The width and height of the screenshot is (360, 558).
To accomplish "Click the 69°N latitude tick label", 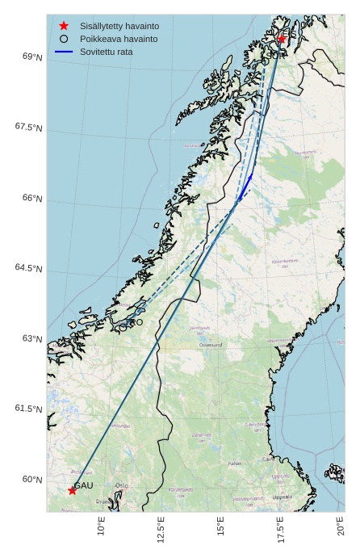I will pyautogui.click(x=31, y=57).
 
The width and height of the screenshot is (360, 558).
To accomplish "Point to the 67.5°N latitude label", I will pyautogui.click(x=28, y=127).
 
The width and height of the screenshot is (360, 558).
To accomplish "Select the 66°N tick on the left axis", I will pyautogui.click(x=31, y=198).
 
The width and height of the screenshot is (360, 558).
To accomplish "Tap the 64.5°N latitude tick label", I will pyautogui.click(x=28, y=268).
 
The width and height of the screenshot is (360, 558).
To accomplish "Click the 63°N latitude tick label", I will pyautogui.click(x=31, y=338).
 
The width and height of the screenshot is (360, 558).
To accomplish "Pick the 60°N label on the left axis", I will pyautogui.click(x=31, y=480).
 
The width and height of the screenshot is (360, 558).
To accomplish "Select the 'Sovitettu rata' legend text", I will pyautogui.click(x=107, y=52).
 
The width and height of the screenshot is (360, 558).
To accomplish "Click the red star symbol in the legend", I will pyautogui.click(x=64, y=26).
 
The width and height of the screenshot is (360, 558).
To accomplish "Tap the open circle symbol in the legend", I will pyautogui.click(x=64, y=39).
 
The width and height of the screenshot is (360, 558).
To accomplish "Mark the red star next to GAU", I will pyautogui.click(x=72, y=490).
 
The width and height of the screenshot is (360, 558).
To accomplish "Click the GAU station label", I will pyautogui.click(x=84, y=485).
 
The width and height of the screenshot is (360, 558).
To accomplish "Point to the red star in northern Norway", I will pyautogui.click(x=282, y=38).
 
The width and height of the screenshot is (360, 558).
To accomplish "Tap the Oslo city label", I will pyautogui.click(x=122, y=485).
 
